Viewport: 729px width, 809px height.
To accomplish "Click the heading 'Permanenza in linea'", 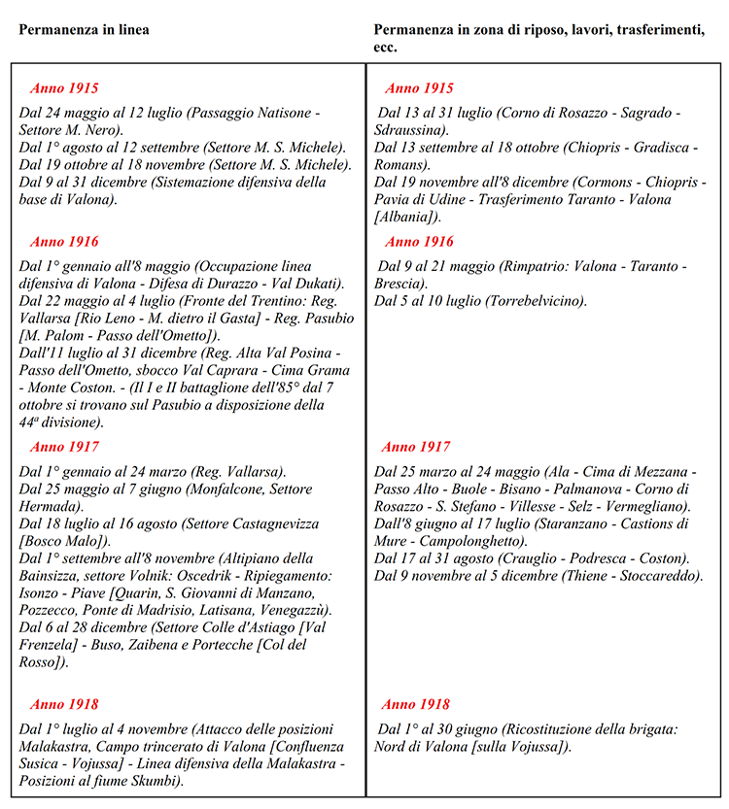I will tap(84, 30).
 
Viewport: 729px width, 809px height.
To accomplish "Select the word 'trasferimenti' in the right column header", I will tap(658, 30).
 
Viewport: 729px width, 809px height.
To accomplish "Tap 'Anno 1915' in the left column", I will tap(64, 88).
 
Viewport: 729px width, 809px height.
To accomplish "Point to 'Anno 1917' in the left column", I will tap(64, 448).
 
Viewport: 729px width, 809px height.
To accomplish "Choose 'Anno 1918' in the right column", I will tap(416, 705).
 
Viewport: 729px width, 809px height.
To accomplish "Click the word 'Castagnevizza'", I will tap(255, 523).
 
